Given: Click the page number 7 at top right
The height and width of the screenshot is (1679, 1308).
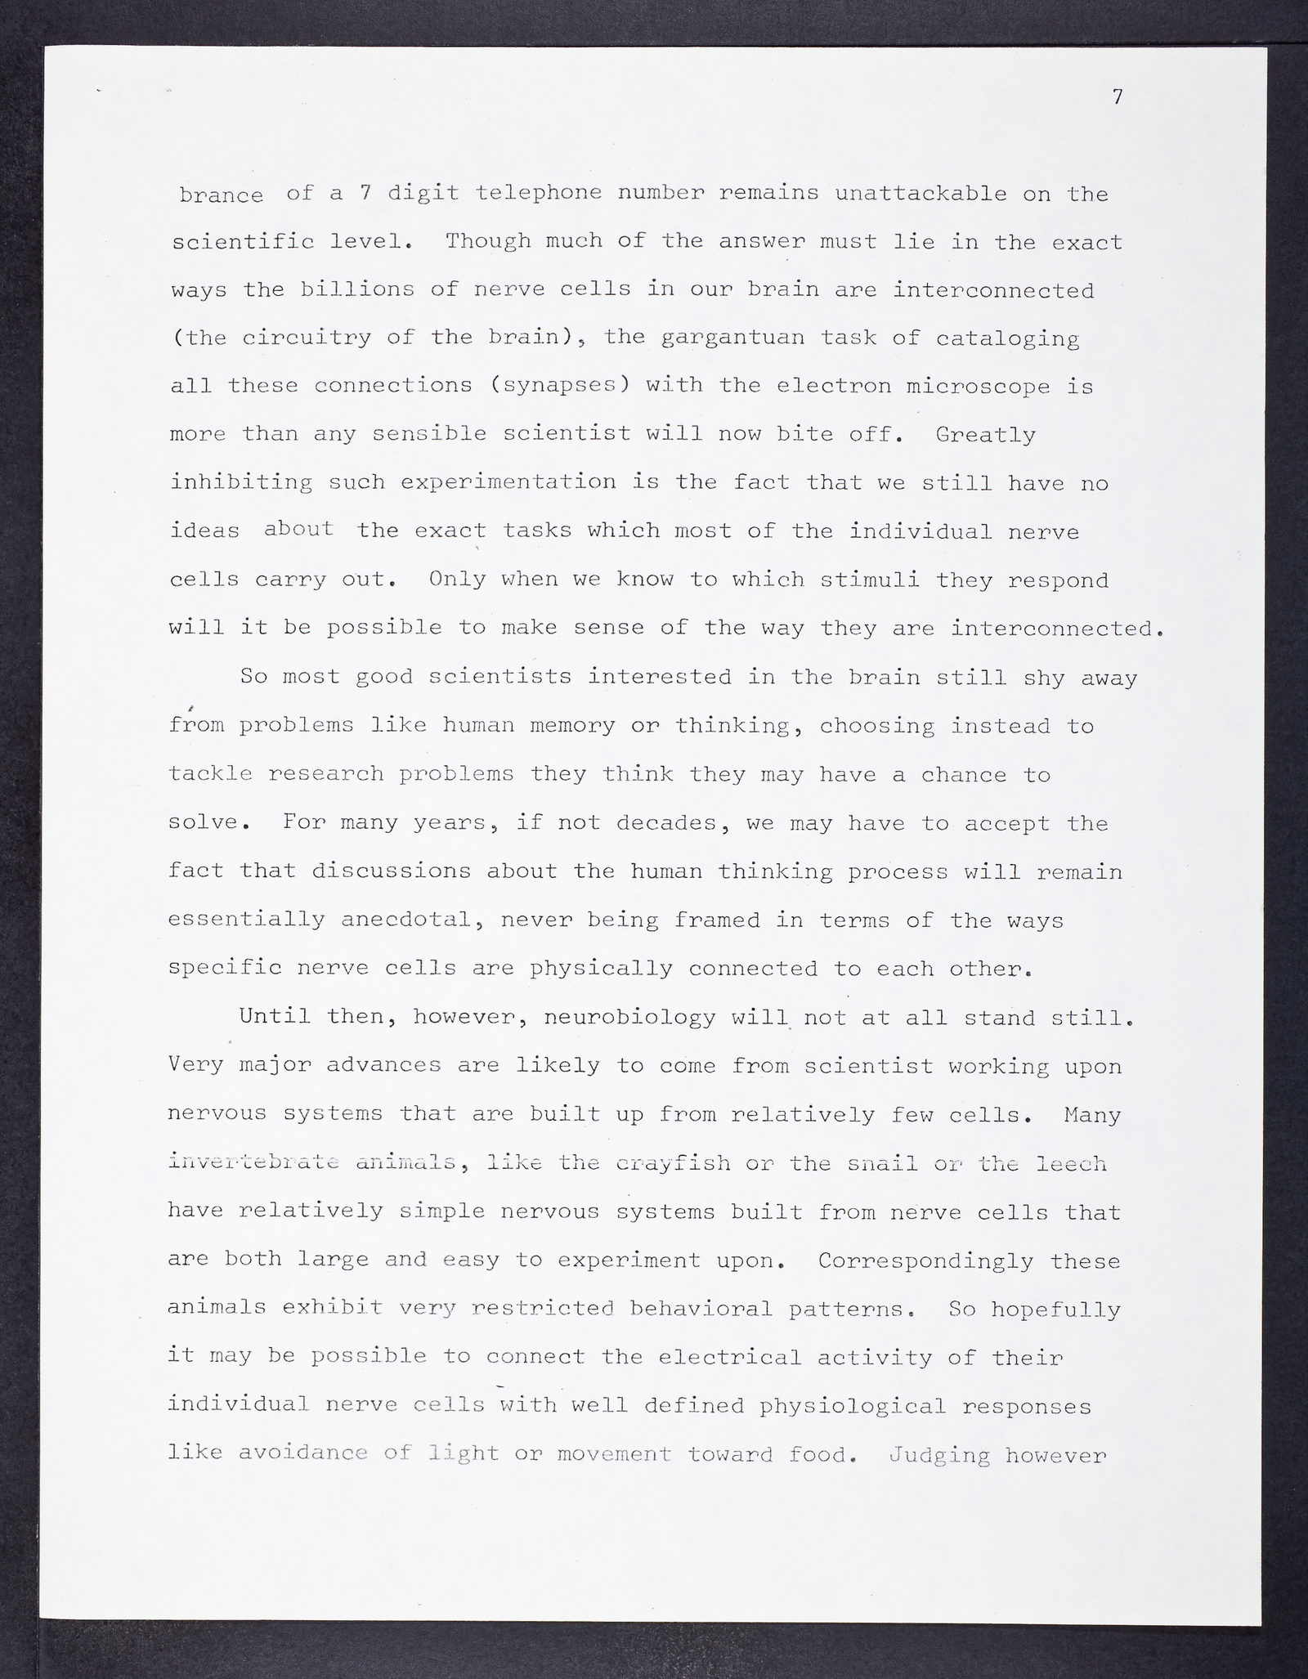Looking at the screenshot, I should (1118, 97).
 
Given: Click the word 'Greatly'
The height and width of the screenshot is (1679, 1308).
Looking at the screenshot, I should (985, 434).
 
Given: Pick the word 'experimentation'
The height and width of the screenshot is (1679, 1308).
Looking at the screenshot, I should (508, 482).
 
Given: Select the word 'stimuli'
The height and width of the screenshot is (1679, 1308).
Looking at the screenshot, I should (870, 580).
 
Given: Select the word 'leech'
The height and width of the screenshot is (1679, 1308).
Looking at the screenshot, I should (1071, 1163).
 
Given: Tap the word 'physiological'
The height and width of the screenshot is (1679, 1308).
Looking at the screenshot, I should (853, 1406).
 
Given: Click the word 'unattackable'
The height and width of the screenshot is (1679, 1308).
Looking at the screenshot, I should (921, 195).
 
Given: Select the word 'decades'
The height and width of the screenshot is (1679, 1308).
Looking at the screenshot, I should (670, 823).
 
